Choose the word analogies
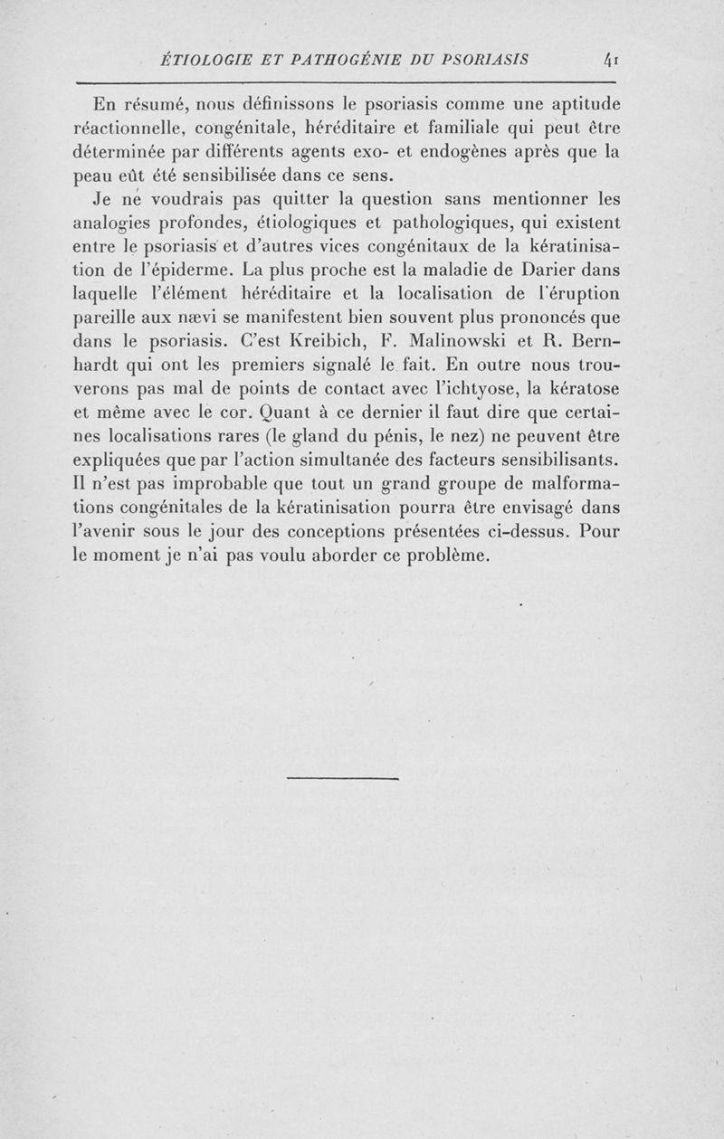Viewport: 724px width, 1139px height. pos(112,222)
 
